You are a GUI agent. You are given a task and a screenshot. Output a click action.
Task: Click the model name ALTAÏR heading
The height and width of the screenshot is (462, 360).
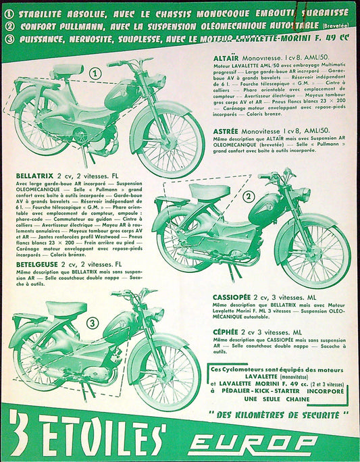point(228,59)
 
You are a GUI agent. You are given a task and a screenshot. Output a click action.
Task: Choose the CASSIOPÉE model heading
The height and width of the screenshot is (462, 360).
point(234,296)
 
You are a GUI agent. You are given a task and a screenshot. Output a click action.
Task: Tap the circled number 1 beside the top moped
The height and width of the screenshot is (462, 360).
point(95,72)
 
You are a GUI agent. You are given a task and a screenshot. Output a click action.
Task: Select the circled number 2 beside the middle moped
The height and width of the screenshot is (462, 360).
point(248,197)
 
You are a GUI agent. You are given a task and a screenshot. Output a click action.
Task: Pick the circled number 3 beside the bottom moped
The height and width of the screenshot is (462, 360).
point(91,323)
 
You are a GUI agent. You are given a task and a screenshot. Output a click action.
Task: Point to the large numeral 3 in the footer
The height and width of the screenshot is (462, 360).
point(19,437)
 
